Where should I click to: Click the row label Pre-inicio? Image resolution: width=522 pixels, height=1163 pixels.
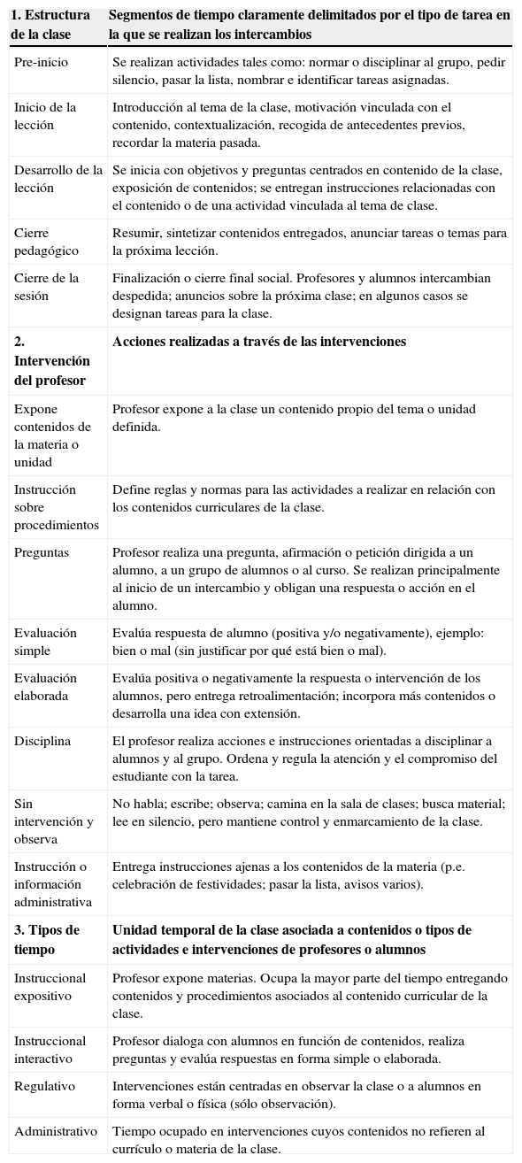pyautogui.click(x=41, y=62)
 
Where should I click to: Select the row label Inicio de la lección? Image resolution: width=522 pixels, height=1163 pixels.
pyautogui.click(x=45, y=116)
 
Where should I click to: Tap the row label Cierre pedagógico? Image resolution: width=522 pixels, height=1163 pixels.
pyautogui.click(x=46, y=242)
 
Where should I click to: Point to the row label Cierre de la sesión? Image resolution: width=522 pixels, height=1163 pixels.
pyautogui.click(x=46, y=287)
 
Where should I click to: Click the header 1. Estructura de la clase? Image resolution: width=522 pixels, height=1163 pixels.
pyautogui.click(x=50, y=25)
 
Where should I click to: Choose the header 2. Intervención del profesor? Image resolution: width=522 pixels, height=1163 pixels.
pyautogui.click(x=52, y=361)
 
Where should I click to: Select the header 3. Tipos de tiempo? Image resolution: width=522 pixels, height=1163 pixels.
pyautogui.click(x=47, y=939)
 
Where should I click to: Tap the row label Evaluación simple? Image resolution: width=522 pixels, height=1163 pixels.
pyautogui.click(x=45, y=642)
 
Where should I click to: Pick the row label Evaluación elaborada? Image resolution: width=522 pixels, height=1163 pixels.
pyautogui.click(x=45, y=687)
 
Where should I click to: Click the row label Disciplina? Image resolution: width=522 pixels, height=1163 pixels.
pyautogui.click(x=42, y=741)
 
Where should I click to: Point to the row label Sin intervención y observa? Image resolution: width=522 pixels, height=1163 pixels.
pyautogui.click(x=53, y=821)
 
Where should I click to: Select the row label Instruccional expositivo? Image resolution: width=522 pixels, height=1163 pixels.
pyautogui.click(x=50, y=987)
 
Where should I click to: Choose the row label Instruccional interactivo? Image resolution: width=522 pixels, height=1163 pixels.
pyautogui.click(x=50, y=1050)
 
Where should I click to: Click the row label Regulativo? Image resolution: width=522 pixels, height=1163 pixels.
pyautogui.click(x=44, y=1086)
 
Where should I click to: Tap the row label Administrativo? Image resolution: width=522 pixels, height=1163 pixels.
pyautogui.click(x=55, y=1131)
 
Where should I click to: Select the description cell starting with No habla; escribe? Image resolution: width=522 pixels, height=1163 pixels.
pyautogui.click(x=309, y=813)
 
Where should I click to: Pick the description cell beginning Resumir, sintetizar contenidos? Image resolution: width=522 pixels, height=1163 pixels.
pyautogui.click(x=309, y=242)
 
